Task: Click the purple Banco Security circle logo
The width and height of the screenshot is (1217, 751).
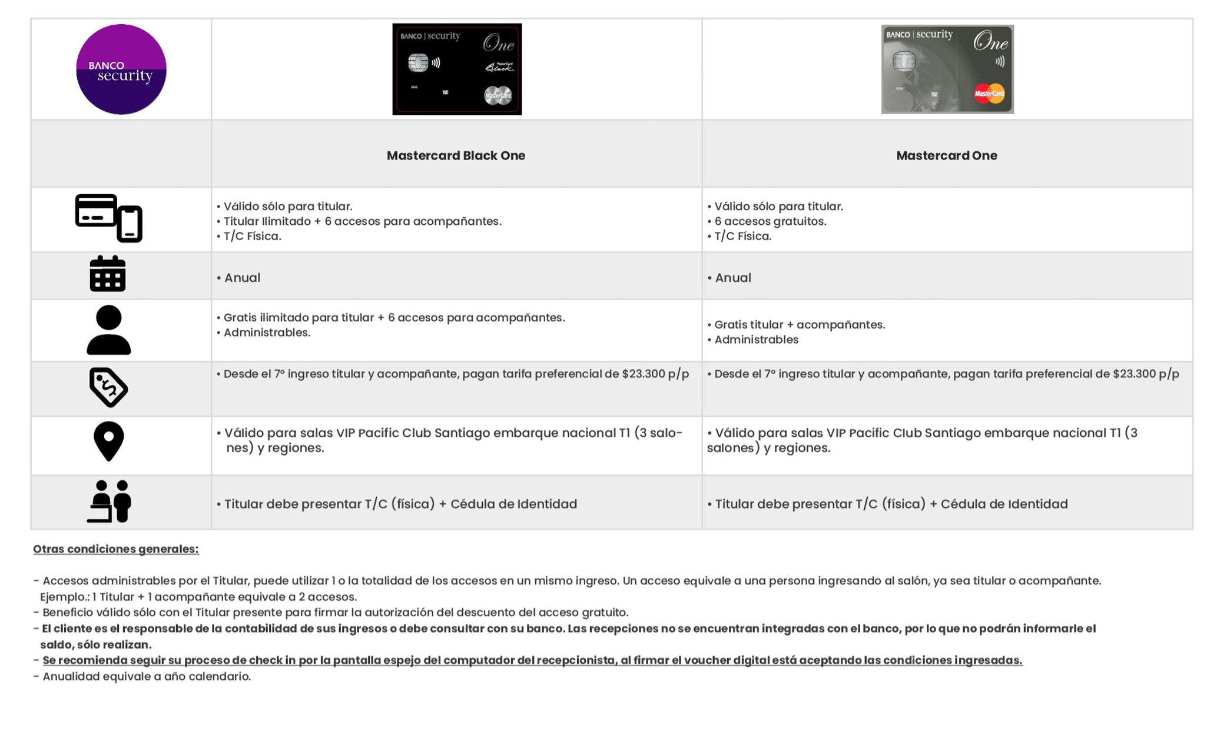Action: [121, 69]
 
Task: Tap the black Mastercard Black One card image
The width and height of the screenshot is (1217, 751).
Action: [457, 69]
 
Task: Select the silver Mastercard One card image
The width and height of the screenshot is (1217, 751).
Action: [947, 69]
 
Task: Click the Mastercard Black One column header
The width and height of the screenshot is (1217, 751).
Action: [456, 155]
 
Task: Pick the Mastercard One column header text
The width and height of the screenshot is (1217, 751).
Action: [946, 155]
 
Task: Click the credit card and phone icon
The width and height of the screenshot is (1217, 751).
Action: [109, 218]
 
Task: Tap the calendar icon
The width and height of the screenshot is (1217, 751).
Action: [108, 274]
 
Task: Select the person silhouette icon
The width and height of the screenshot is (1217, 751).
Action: [109, 330]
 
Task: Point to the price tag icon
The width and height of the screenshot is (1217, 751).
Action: [108, 387]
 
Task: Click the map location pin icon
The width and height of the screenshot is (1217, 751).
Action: [109, 441]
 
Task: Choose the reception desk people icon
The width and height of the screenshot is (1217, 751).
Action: [110, 501]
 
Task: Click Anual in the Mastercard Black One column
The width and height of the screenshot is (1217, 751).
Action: [242, 278]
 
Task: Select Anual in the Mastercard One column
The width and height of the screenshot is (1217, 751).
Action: [732, 278]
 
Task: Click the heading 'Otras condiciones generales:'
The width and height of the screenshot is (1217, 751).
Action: [116, 549]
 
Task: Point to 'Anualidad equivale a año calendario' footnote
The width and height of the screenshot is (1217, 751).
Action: [146, 676]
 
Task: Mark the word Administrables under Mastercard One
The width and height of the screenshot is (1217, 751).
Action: [756, 340]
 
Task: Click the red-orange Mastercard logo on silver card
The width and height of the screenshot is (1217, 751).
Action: [989, 93]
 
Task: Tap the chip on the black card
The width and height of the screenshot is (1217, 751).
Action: [418, 62]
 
